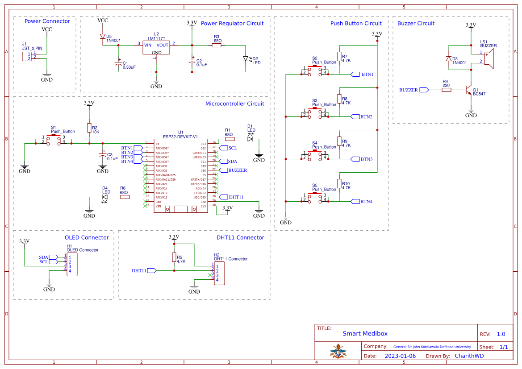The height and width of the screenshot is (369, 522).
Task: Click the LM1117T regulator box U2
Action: pos(156,48)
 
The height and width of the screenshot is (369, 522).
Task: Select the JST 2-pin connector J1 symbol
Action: pos(27,56)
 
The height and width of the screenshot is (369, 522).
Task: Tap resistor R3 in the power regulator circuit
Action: pos(217,45)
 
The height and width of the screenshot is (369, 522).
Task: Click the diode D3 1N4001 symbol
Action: pos(448,58)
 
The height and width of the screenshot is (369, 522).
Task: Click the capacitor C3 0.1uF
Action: pos(103,155)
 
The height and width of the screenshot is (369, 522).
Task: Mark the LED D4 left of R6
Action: pos(106,197)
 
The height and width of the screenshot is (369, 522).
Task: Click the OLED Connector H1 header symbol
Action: pos(72,264)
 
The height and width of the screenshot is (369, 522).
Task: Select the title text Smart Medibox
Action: pos(365,333)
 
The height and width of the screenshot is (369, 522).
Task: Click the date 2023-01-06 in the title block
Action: pos(400,356)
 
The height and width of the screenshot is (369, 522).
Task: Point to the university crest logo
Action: pos(338,351)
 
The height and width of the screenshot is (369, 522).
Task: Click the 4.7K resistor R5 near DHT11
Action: pos(174,257)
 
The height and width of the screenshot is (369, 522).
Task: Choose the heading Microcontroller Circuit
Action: pos(234,104)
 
